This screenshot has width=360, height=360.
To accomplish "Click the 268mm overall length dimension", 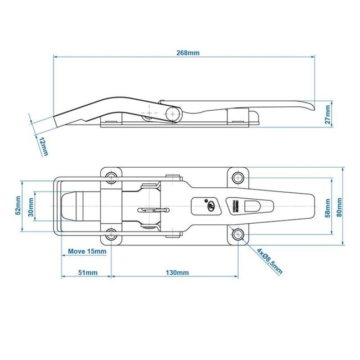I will tap(186, 53).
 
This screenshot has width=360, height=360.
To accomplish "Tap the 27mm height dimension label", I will tap(327, 114).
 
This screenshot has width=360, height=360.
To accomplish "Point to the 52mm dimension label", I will tap(18, 206).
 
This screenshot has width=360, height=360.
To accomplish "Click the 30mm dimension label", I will tap(32, 206).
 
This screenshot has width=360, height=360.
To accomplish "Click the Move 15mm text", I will tap(86, 251).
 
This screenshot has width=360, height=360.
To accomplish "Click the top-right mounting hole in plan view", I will tap(239, 177).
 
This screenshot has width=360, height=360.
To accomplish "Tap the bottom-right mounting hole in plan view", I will tap(239, 234).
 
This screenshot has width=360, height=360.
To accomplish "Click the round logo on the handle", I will tap(210, 206).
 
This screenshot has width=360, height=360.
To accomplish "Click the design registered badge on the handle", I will tap(233, 206).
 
